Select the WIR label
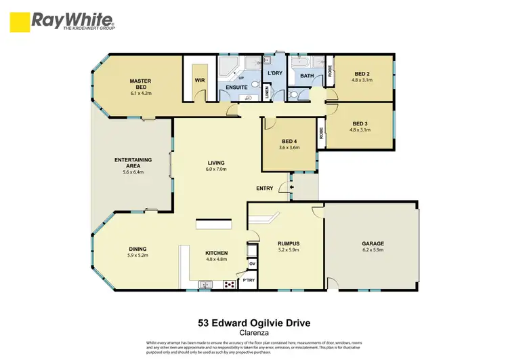pos(200,81)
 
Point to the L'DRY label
pos(275,73)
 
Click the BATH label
pos(307,76)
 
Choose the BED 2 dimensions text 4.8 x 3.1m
pos(362,80)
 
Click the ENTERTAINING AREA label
pos(133,163)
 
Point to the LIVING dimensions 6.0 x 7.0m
pos(216,169)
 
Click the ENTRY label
pos(265,188)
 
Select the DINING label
pos(137,249)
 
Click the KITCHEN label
pos(217,253)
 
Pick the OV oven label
pos(252,264)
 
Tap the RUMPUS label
pos(289,243)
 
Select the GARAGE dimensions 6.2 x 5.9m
pos(373,249)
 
